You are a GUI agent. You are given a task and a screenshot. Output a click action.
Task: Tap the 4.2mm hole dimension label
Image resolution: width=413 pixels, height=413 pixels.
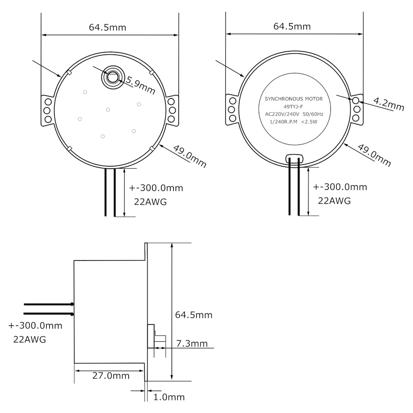point(388,104)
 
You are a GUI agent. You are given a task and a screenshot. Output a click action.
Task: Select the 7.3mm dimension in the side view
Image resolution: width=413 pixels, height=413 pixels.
point(192,344)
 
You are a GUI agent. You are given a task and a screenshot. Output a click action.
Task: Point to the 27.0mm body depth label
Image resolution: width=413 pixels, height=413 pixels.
point(111,376)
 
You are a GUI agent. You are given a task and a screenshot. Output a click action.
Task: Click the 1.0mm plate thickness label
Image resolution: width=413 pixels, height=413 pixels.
point(169,397)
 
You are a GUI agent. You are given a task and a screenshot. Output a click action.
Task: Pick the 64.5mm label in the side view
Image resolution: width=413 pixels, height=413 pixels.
point(194,315)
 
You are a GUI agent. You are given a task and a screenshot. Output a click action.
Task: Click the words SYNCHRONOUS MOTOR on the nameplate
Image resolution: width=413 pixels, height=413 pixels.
point(294,99)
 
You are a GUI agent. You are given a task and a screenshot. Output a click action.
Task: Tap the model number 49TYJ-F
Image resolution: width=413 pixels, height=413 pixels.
point(294,107)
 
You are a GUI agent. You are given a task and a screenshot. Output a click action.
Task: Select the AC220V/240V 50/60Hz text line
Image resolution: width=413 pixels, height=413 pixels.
point(294,115)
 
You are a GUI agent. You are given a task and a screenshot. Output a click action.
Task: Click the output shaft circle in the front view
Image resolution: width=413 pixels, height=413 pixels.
point(113,77)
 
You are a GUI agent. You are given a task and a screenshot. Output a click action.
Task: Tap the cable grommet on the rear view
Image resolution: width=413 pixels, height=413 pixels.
point(294,157)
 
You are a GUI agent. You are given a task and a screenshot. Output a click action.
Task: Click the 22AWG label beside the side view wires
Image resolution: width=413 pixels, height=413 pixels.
point(29,340)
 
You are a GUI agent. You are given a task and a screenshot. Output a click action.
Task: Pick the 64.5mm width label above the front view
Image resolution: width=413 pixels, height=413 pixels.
point(107,27)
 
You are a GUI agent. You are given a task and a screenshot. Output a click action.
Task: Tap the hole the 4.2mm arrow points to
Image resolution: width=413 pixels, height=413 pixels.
point(356,100)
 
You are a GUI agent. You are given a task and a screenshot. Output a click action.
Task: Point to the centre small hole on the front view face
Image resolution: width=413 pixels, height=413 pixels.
point(108,109)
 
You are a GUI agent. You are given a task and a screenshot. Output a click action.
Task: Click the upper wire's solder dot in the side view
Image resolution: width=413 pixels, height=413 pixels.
point(72,304)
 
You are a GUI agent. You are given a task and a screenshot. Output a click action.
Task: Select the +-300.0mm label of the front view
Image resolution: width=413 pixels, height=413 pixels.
point(156,188)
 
